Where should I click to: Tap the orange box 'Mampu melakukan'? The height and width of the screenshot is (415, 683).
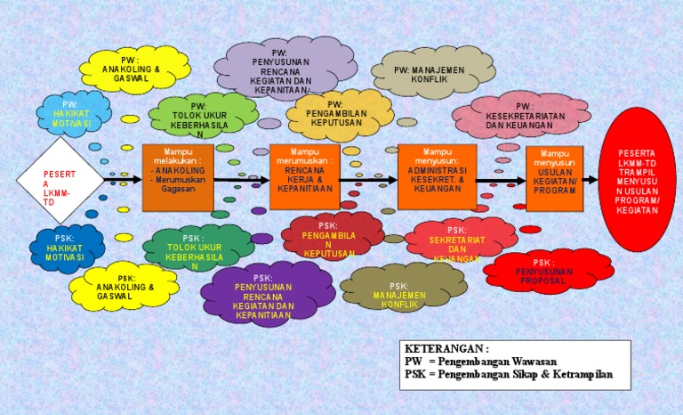[x=178, y=176]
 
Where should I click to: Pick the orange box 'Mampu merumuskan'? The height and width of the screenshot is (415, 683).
[x=304, y=176]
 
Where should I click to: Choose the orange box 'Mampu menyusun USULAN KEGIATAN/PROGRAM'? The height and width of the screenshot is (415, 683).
[x=555, y=178]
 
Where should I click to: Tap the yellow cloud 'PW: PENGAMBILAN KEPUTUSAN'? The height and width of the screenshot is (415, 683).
[x=340, y=114]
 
